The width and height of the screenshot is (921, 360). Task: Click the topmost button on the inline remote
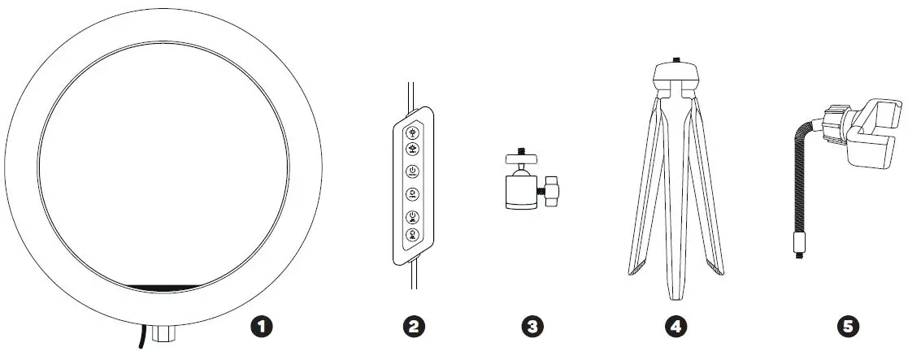click(413, 132)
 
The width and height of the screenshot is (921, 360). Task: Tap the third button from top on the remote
click(413, 171)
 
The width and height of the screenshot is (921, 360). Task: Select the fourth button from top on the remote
click(413, 194)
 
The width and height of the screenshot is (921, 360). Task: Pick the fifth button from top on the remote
click(413, 216)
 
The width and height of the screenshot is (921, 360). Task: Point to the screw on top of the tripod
click(676, 61)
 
